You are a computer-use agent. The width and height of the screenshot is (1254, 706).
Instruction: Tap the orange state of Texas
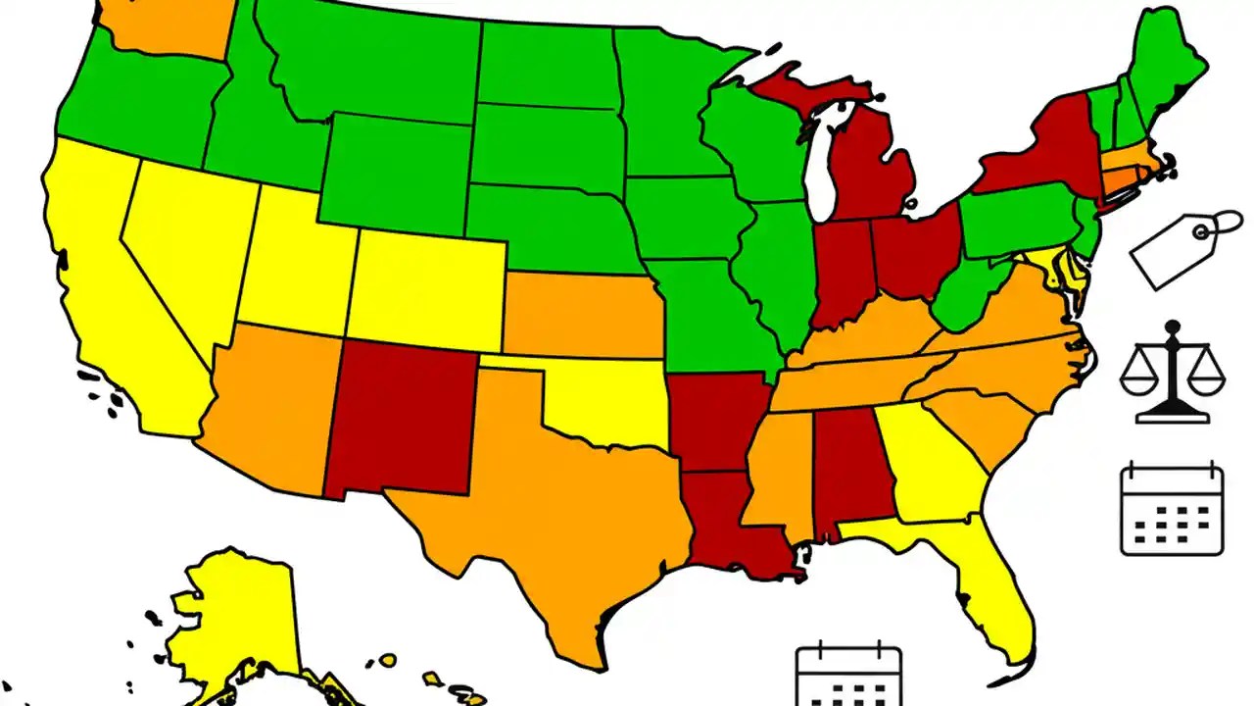click(x=549, y=510)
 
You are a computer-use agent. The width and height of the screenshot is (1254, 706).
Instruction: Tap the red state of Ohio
click(x=914, y=250)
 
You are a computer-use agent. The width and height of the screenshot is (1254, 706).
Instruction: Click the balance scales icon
click(x=1172, y=373)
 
